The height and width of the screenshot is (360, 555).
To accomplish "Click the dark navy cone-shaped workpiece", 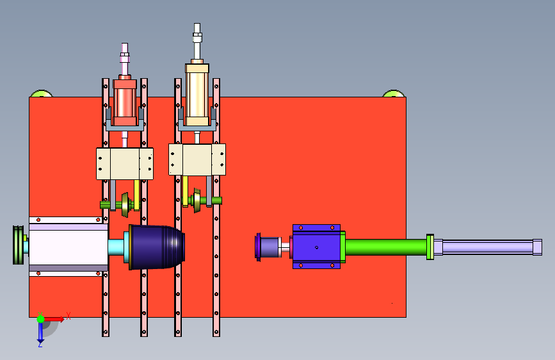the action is (x=156, y=247).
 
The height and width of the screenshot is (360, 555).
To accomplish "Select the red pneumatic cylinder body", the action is (x=125, y=102).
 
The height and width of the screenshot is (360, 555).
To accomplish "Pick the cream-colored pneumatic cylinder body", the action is (x=197, y=95).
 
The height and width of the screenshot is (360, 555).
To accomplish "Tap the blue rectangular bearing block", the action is (x=316, y=247).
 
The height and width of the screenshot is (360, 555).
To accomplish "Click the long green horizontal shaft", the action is (x=386, y=247).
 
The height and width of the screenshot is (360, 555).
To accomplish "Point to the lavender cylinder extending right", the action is (x=488, y=247).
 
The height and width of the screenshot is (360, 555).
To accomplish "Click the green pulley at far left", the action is (x=19, y=245).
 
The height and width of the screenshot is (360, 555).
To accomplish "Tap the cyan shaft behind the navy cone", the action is (x=116, y=247).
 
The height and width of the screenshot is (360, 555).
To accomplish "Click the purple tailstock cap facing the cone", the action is (x=259, y=247).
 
